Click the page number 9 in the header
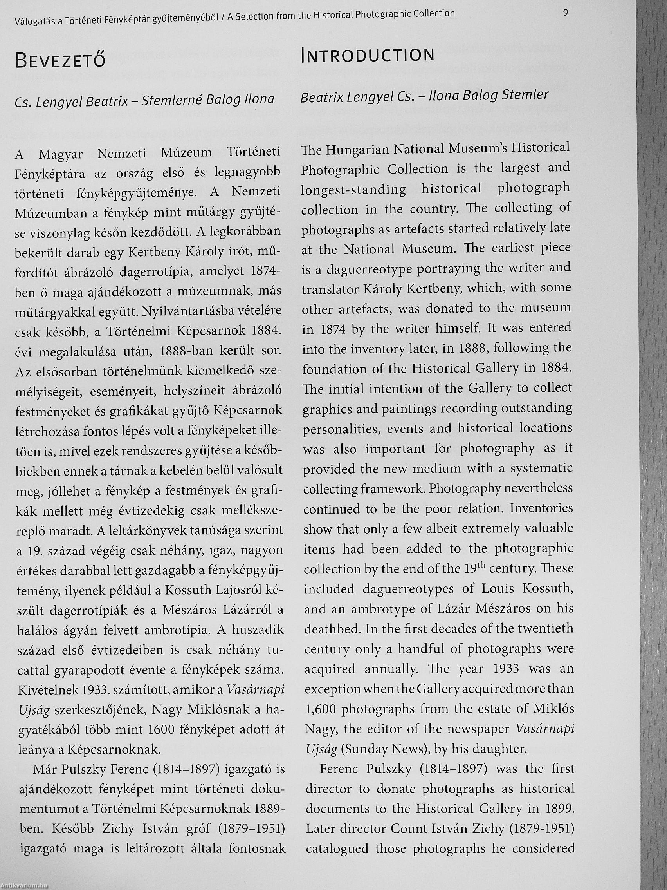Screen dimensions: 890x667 point(565,13)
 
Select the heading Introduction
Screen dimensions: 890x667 point(368,55)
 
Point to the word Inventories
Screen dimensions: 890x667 point(541,508)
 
